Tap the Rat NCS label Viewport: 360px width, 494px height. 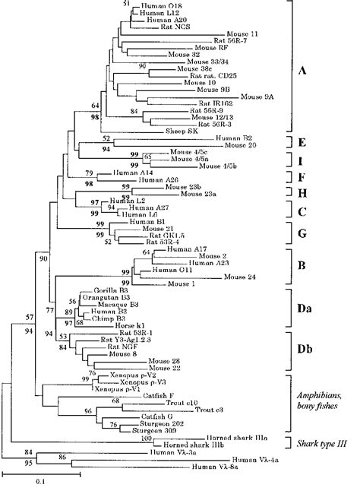(x=176, y=27)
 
